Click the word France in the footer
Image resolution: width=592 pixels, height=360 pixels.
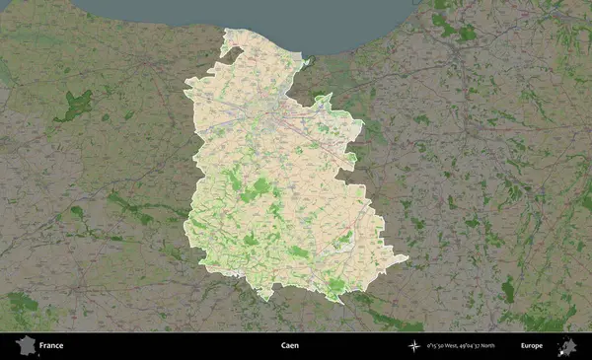click(x=51, y=346)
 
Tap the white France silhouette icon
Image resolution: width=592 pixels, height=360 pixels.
click(x=25, y=345)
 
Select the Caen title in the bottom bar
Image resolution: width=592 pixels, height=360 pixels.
click(x=289, y=346)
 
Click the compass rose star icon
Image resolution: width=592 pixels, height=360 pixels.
click(x=414, y=346)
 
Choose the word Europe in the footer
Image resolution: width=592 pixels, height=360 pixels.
click(x=532, y=346)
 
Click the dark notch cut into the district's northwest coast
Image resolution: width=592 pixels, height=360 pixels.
click(x=234, y=49)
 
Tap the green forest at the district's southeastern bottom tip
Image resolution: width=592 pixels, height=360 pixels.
click(x=336, y=287)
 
